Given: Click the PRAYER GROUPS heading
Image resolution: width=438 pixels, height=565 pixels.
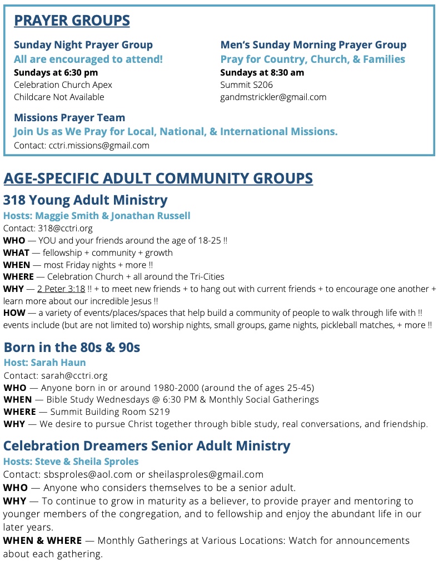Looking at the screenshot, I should (x=72, y=21).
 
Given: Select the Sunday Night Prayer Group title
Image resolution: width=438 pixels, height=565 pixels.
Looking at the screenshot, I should (x=83, y=45).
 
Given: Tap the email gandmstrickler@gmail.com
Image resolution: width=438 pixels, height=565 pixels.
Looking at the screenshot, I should (x=273, y=97).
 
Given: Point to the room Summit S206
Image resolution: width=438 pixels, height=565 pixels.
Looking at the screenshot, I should (x=246, y=85).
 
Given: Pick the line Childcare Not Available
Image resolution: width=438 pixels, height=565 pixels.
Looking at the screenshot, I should (x=59, y=97).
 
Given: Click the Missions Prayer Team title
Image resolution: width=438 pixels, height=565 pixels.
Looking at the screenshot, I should (x=69, y=117).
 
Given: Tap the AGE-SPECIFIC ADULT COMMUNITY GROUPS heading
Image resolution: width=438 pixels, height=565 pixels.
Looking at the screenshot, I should (x=158, y=179).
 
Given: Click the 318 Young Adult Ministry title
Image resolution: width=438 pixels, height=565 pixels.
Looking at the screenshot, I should (x=85, y=200).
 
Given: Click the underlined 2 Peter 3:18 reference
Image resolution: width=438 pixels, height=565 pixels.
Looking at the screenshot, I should (x=61, y=289).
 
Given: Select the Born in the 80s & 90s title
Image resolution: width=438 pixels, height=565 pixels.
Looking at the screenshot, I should (x=72, y=348).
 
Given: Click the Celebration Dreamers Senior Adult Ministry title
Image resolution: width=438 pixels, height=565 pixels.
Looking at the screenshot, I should (x=147, y=446).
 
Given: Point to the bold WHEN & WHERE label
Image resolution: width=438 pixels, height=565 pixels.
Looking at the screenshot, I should (x=42, y=541).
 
